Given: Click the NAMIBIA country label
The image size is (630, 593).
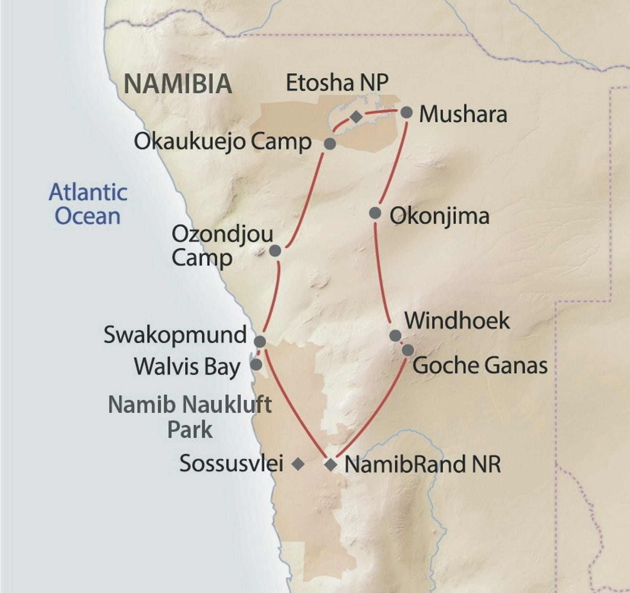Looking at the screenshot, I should [x=178, y=84].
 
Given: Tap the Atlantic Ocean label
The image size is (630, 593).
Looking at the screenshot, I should [x=88, y=204].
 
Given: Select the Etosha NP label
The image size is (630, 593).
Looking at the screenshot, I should [x=337, y=83].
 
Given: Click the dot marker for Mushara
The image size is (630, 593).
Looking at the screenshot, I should [x=407, y=112].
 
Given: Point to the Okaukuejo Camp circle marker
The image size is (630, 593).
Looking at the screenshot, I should [x=330, y=144].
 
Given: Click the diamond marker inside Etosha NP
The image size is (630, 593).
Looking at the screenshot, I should [x=356, y=117].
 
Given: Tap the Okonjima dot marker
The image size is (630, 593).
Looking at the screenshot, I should [x=375, y=213].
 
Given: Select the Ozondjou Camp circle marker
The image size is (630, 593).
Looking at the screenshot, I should [x=275, y=251].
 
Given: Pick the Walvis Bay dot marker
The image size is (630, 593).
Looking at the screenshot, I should [x=256, y=364].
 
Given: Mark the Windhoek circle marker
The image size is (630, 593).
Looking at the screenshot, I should [x=395, y=336].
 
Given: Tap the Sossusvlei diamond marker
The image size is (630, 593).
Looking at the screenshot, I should [x=298, y=464].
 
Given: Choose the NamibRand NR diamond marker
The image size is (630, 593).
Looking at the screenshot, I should [x=330, y=465].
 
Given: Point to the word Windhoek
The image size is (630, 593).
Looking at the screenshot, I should [x=457, y=321].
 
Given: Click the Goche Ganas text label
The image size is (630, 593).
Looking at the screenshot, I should [x=480, y=366].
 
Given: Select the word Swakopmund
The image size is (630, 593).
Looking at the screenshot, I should [x=175, y=335].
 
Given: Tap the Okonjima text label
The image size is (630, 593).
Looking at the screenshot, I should [x=439, y=216].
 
